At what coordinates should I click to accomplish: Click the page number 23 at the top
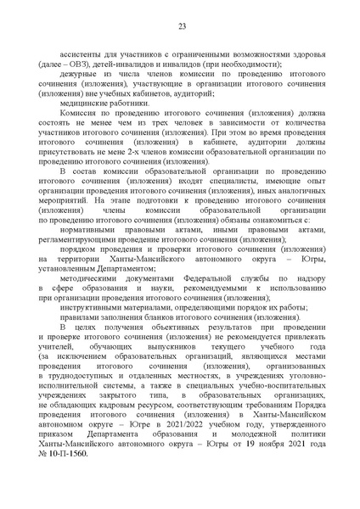tap(182, 27)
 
